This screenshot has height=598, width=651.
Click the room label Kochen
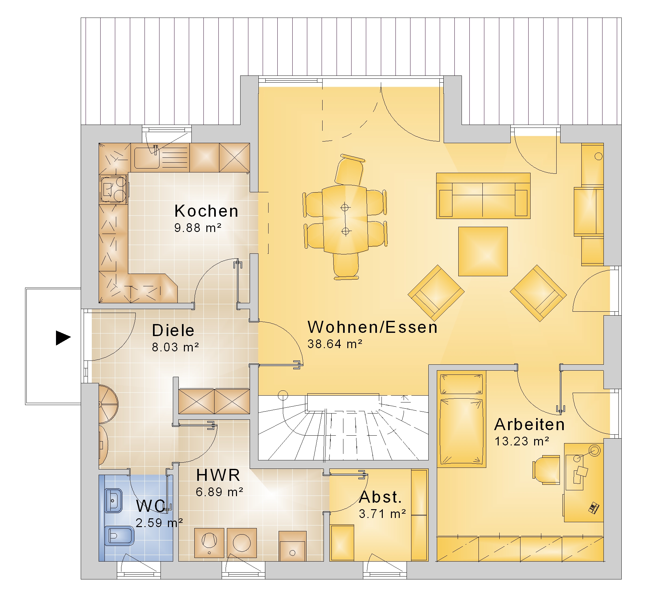(x=206, y=211)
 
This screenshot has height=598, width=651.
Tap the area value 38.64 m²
(x=335, y=344)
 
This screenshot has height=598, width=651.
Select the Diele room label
(x=173, y=331)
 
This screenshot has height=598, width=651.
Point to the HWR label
(x=218, y=475)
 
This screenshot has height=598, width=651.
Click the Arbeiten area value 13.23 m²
(x=522, y=442)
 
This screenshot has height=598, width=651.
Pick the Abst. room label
(x=381, y=497)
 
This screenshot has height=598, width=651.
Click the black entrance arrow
(x=63, y=338)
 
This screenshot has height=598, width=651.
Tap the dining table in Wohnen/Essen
(x=345, y=219)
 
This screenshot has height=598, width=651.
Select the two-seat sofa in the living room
(x=483, y=196)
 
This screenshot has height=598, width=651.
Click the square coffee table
(x=483, y=251)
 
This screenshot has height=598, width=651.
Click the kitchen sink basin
(x=147, y=158)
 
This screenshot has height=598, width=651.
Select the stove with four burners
(x=113, y=189)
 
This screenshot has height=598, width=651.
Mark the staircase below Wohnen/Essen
(x=343, y=428)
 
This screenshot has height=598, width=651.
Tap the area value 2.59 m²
(x=159, y=523)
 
